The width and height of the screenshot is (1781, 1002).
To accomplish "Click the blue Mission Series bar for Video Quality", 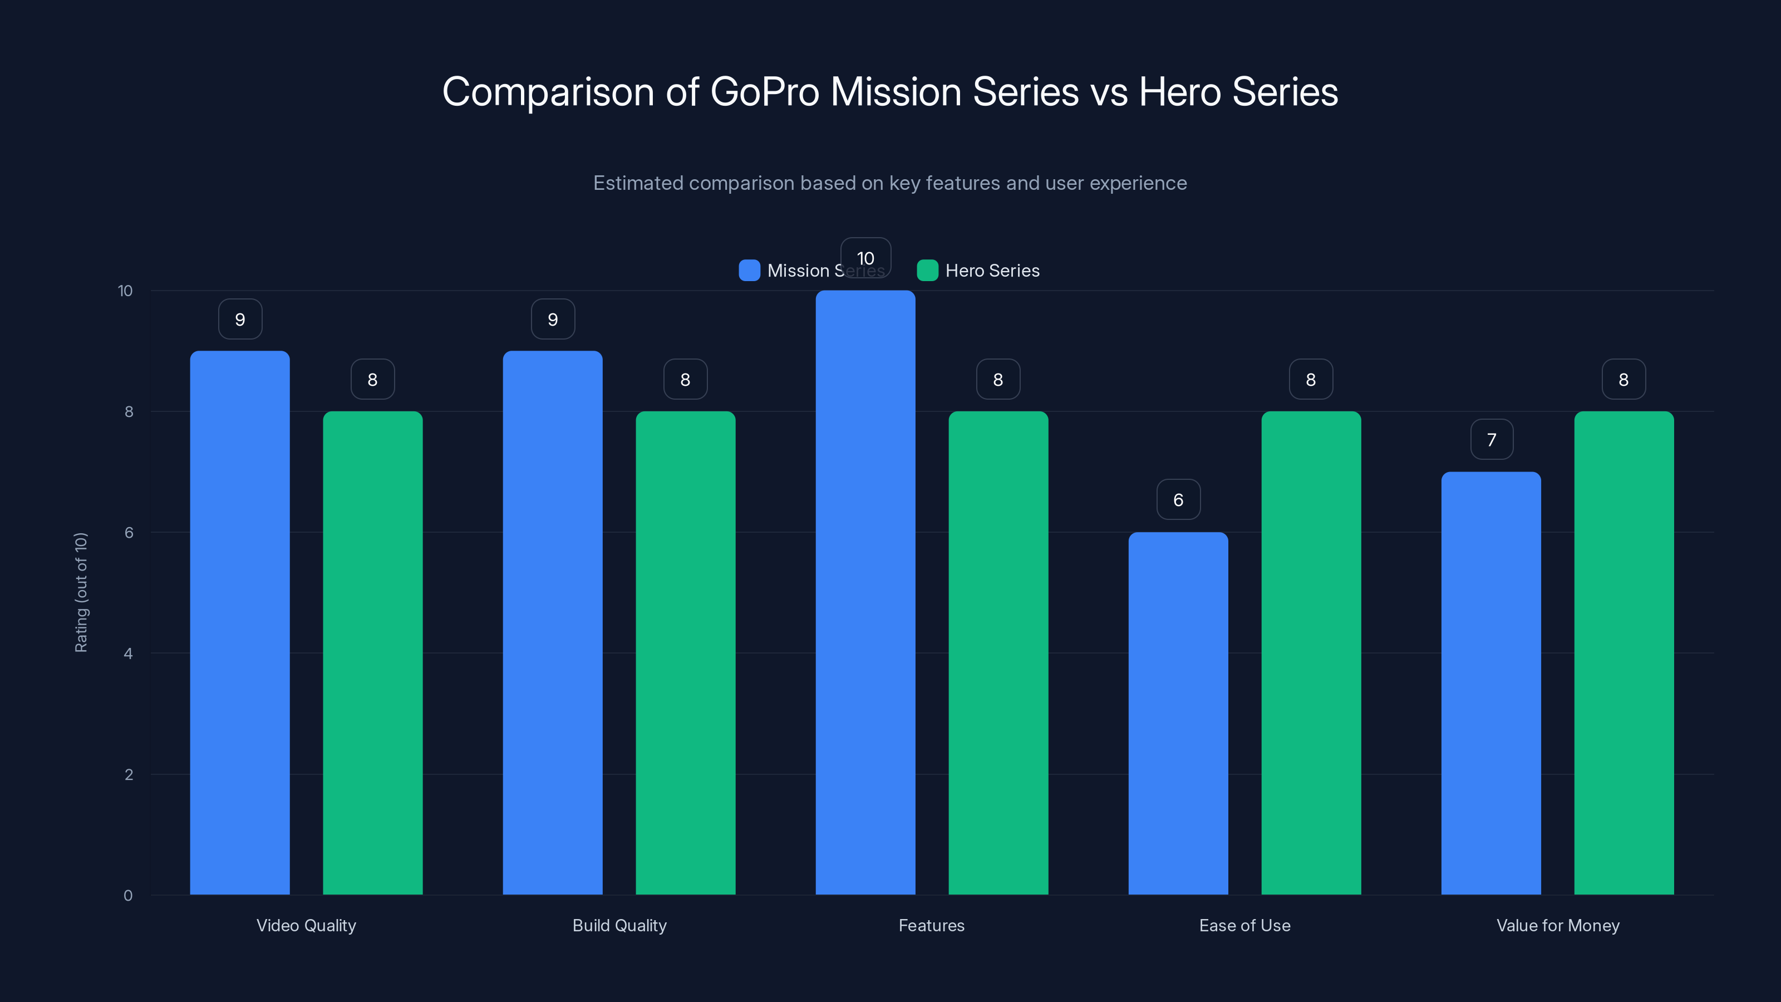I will pyautogui.click(x=240, y=622).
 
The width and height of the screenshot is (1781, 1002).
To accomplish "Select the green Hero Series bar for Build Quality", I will pyautogui.click(x=685, y=653).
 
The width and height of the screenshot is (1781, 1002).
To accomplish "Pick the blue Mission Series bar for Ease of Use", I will pyautogui.click(x=1178, y=713).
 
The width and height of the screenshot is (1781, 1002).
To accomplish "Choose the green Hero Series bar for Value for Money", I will pyautogui.click(x=1623, y=653).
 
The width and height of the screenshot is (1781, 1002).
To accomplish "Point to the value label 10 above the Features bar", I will pyautogui.click(x=865, y=258).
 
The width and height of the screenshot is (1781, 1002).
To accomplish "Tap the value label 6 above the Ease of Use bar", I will pyautogui.click(x=1178, y=499).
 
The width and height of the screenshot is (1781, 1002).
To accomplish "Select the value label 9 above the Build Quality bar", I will pyautogui.click(x=553, y=319).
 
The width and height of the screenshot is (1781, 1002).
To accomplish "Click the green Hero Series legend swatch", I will pyautogui.click(x=927, y=271).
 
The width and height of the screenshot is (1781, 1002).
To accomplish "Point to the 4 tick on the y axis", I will pyautogui.click(x=128, y=654).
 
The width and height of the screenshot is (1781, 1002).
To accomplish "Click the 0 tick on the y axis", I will pyautogui.click(x=128, y=896).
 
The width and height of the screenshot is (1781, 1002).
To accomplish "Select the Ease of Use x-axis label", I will pyautogui.click(x=1244, y=925).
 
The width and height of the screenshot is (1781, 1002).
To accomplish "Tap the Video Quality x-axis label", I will pyautogui.click(x=306, y=925).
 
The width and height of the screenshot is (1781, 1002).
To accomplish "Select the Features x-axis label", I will pyautogui.click(x=931, y=925).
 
